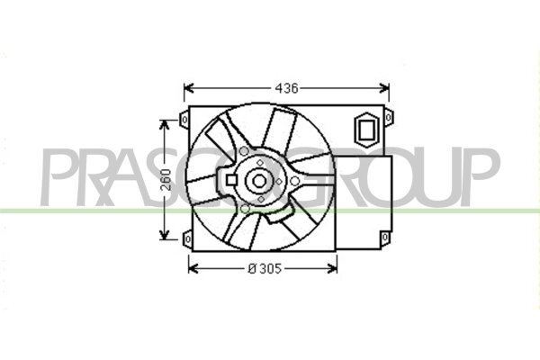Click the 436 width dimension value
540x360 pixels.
286,88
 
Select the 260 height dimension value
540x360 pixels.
166,180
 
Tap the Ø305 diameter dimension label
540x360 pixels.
265,268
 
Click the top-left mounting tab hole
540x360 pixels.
184,120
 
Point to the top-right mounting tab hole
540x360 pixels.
389,118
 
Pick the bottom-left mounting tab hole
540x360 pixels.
188,238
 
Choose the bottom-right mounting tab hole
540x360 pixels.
385,237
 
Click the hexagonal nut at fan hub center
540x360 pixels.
259,181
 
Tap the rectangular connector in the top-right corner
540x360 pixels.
366,130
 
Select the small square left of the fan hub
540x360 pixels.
231,180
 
